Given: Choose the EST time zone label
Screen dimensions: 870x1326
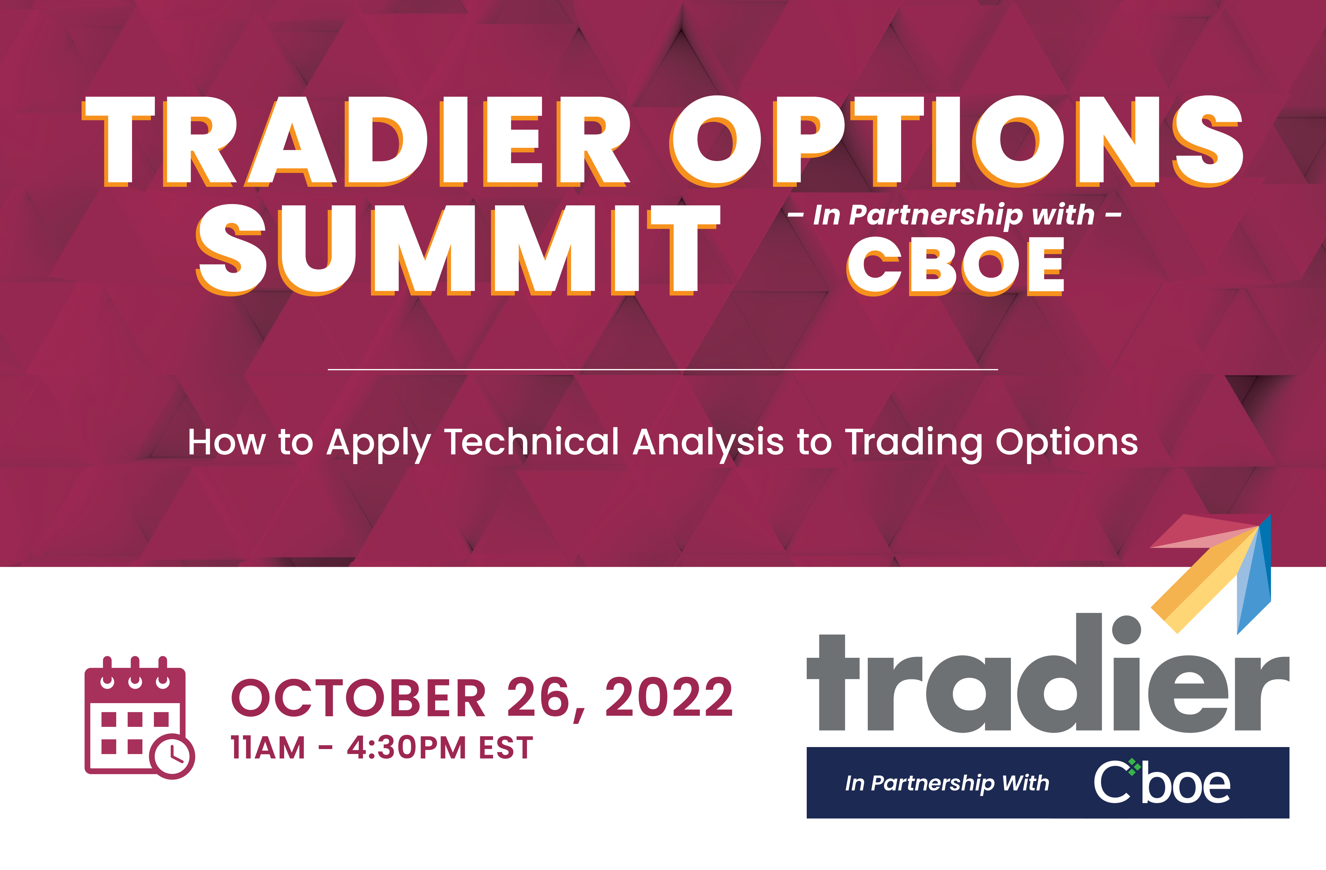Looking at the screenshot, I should coord(506,748).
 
